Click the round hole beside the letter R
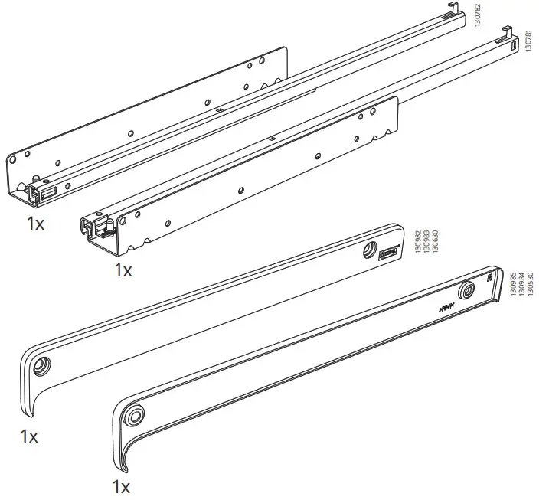(x=466, y=292)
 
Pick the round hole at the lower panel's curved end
(x=136, y=415)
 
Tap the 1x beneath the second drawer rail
(x=123, y=270)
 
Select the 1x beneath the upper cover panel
(x=30, y=437)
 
